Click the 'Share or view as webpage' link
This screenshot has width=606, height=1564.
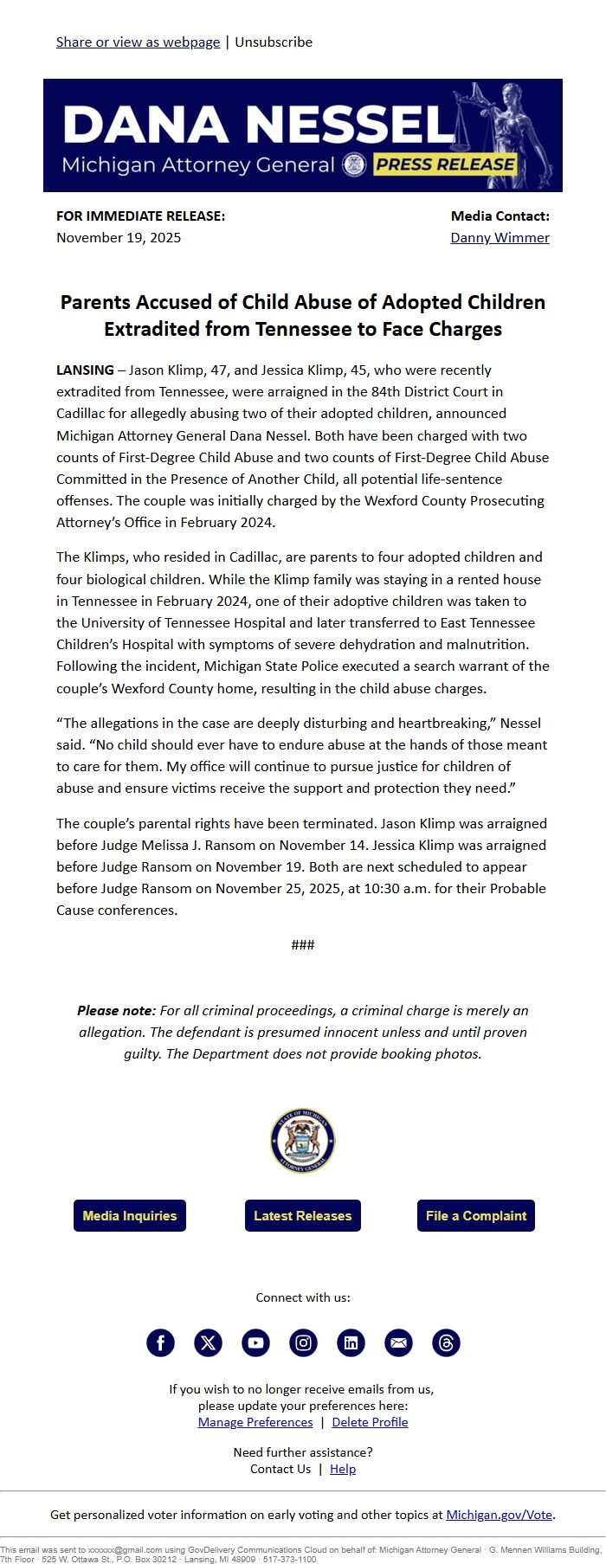coord(138,42)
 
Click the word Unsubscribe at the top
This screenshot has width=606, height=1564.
coord(274,42)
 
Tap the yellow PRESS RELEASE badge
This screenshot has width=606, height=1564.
coord(445,164)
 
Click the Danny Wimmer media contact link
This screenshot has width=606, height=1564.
coord(500,237)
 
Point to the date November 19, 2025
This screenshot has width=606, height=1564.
coord(119,237)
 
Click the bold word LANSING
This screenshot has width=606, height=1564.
coord(85,370)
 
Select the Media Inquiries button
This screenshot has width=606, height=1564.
coord(130,1215)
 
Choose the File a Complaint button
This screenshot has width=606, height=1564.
coord(475,1215)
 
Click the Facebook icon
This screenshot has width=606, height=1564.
coord(160,1342)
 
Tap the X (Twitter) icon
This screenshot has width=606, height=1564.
coord(208,1342)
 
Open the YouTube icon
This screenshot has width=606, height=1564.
coord(255,1342)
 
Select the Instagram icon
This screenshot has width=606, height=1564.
coord(303,1342)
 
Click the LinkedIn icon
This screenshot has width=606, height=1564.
coord(351,1342)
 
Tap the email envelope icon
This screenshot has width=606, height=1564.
coord(398,1342)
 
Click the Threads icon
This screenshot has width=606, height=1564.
coord(446,1342)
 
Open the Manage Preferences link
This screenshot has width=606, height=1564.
coord(255,1422)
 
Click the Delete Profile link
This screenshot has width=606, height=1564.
coord(370,1422)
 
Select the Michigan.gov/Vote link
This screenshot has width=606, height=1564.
coord(499,1515)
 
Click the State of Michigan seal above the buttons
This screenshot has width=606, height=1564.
coord(303,1141)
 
